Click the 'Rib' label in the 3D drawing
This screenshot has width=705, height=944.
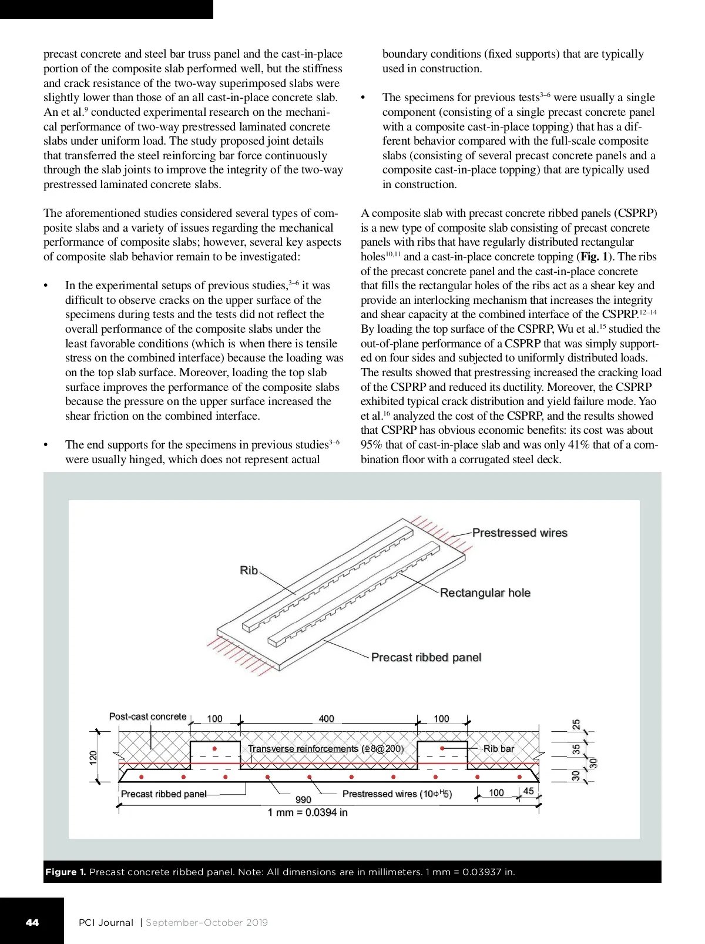pyautogui.click(x=249, y=570)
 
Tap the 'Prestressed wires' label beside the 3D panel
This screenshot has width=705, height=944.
pyautogui.click(x=519, y=533)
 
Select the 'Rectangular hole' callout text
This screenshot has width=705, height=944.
pyautogui.click(x=485, y=592)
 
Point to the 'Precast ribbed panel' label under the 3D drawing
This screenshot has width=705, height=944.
pyautogui.click(x=426, y=657)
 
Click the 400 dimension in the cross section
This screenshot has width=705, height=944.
pyautogui.click(x=326, y=718)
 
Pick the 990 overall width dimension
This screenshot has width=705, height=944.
pyautogui.click(x=303, y=799)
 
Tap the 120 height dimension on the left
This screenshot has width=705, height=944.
pyautogui.click(x=93, y=758)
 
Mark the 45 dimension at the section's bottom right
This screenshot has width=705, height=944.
pyautogui.click(x=528, y=791)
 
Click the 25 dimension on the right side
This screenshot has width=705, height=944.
pyautogui.click(x=576, y=724)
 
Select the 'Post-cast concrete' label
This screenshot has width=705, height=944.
pyautogui.click(x=147, y=717)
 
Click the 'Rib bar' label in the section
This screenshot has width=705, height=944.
pyautogui.click(x=498, y=748)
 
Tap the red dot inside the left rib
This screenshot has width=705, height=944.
pyautogui.click(x=215, y=749)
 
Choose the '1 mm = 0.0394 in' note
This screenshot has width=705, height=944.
pyautogui.click(x=307, y=812)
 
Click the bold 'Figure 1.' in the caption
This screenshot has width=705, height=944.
pyautogui.click(x=65, y=872)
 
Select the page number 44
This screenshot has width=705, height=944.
pyautogui.click(x=32, y=922)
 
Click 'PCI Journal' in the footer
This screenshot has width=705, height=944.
pyautogui.click(x=106, y=922)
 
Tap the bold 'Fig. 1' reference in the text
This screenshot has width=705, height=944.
pyautogui.click(x=595, y=257)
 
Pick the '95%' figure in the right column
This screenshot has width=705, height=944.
pyautogui.click(x=372, y=445)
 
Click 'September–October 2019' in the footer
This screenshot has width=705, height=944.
pyautogui.click(x=206, y=922)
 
